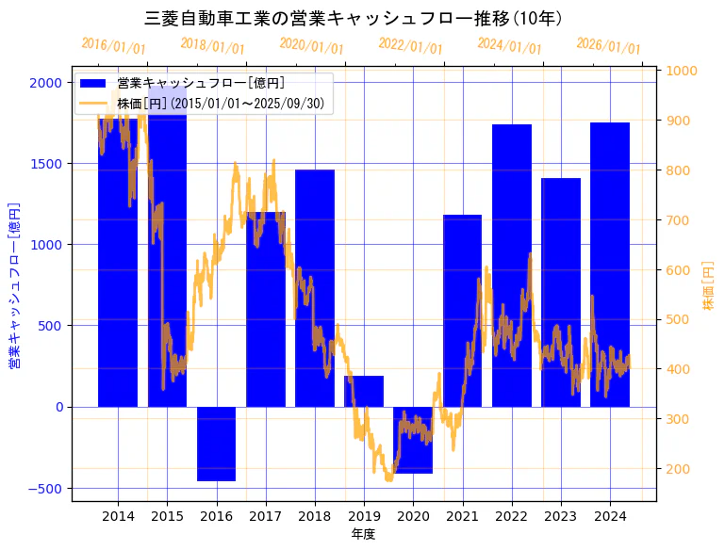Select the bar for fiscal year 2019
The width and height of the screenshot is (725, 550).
click(x=364, y=391)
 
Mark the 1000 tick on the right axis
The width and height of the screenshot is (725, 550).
click(x=682, y=71)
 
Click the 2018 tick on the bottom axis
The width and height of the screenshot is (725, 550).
click(x=315, y=515)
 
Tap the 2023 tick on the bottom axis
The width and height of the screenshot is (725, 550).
click(x=561, y=515)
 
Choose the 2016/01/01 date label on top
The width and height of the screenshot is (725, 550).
click(x=113, y=45)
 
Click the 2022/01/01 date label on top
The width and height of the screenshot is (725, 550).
click(x=410, y=45)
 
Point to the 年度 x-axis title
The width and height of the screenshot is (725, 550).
click(x=363, y=534)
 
